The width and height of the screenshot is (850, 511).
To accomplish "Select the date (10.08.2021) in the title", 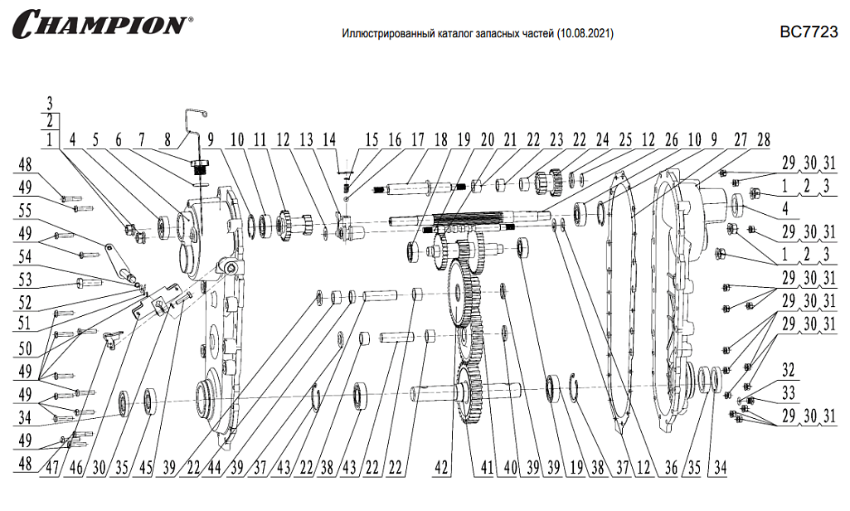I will tap(586, 36).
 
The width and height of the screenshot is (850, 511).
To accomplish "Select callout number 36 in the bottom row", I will tap(671, 468).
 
